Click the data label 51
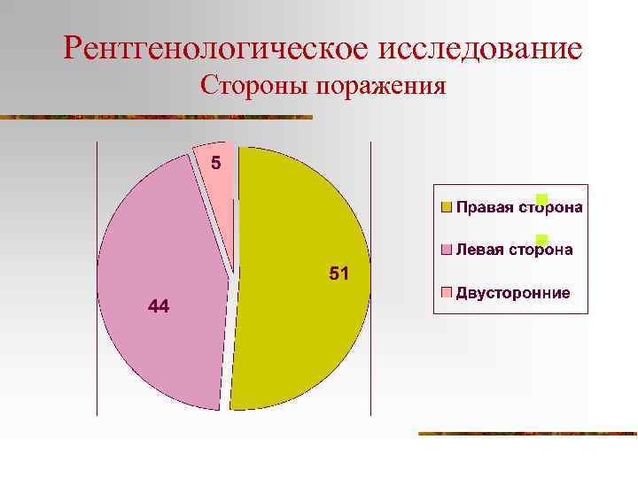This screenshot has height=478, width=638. [x=338, y=274]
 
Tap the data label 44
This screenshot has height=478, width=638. [x=159, y=306]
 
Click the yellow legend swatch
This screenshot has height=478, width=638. [x=447, y=208]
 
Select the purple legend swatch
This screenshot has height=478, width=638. [x=447, y=251]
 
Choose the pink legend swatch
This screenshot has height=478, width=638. [x=447, y=292]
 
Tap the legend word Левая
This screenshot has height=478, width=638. [x=479, y=251]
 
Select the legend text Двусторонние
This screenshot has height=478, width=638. [x=513, y=293]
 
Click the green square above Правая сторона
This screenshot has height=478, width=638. [x=542, y=198]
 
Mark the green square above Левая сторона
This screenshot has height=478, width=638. [x=542, y=240]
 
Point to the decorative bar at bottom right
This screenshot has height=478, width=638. [x=527, y=434]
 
